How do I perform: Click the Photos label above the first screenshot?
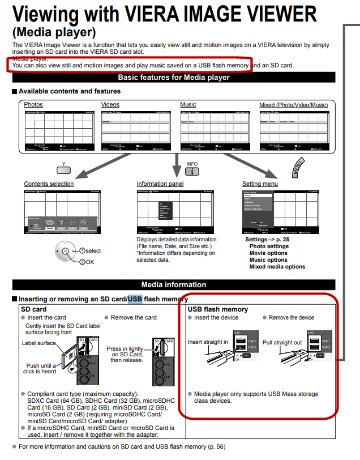pos(33,105)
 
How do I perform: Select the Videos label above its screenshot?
pos(110,105)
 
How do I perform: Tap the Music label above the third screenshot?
pos(188,105)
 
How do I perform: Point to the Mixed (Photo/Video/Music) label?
pos(293,105)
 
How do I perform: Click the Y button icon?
pos(64,168)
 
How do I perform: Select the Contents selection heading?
pos(49,184)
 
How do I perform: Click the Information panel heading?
pos(160,184)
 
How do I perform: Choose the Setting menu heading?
pos(260,184)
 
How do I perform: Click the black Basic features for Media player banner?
pos(173,78)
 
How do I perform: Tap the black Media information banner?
pos(173,284)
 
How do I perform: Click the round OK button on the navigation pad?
pos(65,251)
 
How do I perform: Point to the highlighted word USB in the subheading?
pos(135,299)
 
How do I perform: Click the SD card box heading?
pos(34,309)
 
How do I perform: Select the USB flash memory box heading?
pos(218,309)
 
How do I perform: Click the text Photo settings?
pos(269,246)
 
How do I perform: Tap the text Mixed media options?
pos(277,267)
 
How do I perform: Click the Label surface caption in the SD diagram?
pos(39,343)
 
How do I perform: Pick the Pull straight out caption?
pos(282,342)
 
